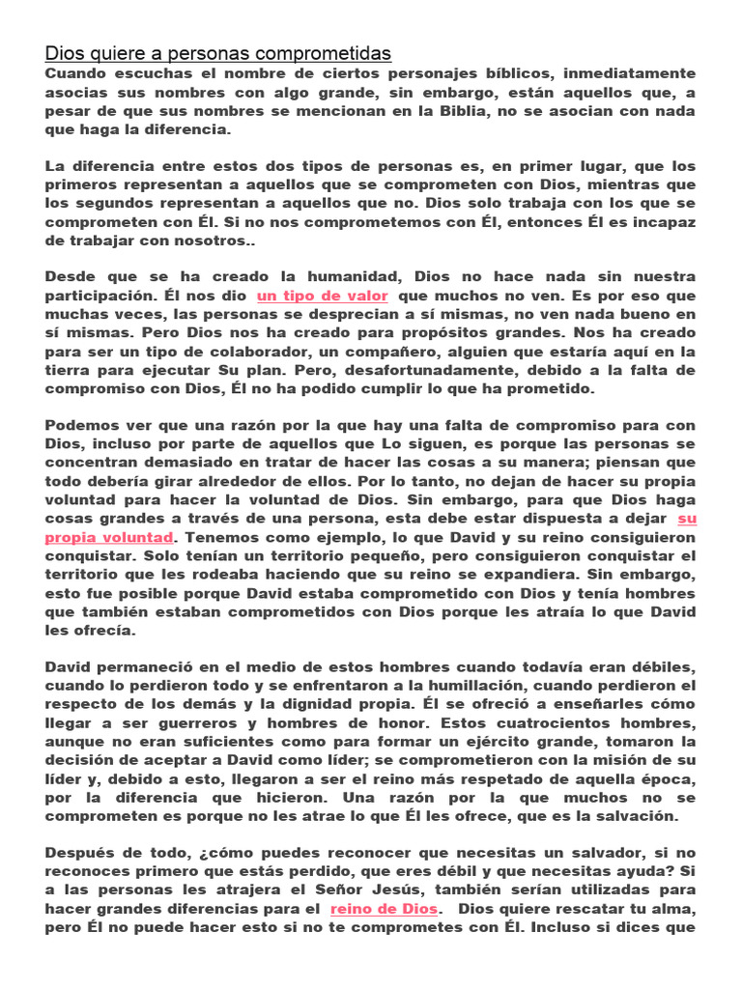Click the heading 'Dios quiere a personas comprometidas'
[x=217, y=52]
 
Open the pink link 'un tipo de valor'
[x=322, y=297]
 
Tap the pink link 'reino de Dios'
[x=384, y=909]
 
